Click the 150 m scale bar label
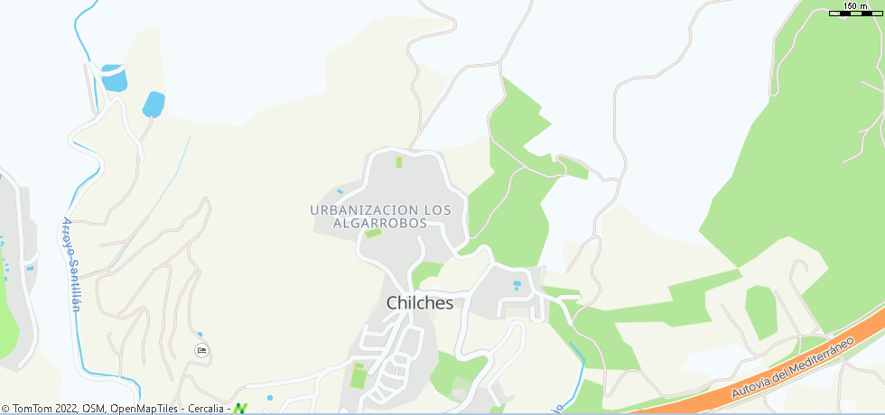pyautogui.click(x=855, y=6)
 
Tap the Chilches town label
pyautogui.click(x=420, y=303)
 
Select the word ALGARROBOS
pyautogui.click(x=379, y=223)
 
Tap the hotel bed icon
pyautogui.click(x=201, y=350)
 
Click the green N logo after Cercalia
pyautogui.click(x=240, y=409)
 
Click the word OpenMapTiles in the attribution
pyautogui.click(x=145, y=409)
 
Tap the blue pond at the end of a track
pyautogui.click(x=154, y=104)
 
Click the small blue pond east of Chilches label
pyautogui.click(x=517, y=286)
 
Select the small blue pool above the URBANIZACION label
pyautogui.click(x=340, y=191)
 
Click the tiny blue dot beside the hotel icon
pyautogui.click(x=200, y=335)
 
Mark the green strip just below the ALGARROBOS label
pyautogui.click(x=373, y=233)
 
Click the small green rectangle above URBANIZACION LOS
pyautogui.click(x=398, y=162)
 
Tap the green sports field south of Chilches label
pyautogui.click(x=359, y=374)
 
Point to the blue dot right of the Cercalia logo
pyautogui.click(x=269, y=398)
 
